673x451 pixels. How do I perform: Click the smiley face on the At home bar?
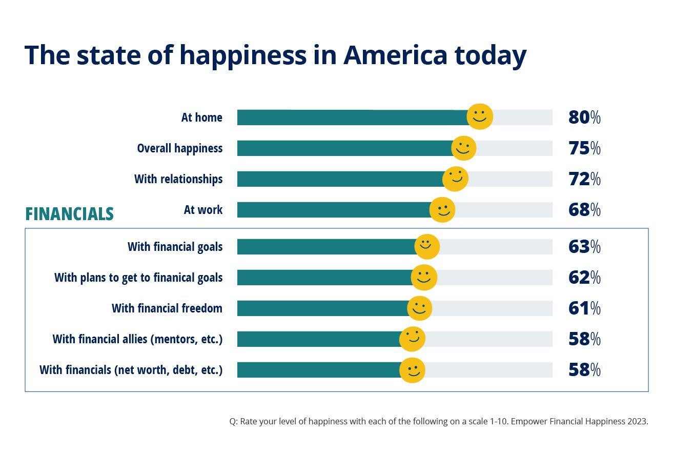[480, 116]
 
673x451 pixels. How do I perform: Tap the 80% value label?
[584, 117]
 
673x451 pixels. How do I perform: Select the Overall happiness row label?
[179, 148]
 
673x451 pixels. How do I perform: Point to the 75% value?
[584, 148]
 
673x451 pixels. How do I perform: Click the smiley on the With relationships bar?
[455, 179]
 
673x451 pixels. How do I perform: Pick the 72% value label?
[584, 179]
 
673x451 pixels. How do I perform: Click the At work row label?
[203, 210]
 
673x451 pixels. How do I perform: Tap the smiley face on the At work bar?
[442, 210]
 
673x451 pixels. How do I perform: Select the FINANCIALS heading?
[69, 213]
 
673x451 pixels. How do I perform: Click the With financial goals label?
[175, 247]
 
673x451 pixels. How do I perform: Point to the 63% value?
[584, 247]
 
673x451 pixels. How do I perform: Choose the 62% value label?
[584, 278]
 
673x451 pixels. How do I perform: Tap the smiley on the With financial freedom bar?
[419, 308]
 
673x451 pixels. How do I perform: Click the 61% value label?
[584, 308]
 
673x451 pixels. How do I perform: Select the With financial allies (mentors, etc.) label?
[137, 339]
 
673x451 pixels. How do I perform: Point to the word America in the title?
[395, 55]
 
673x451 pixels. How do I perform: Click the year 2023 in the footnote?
[638, 422]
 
